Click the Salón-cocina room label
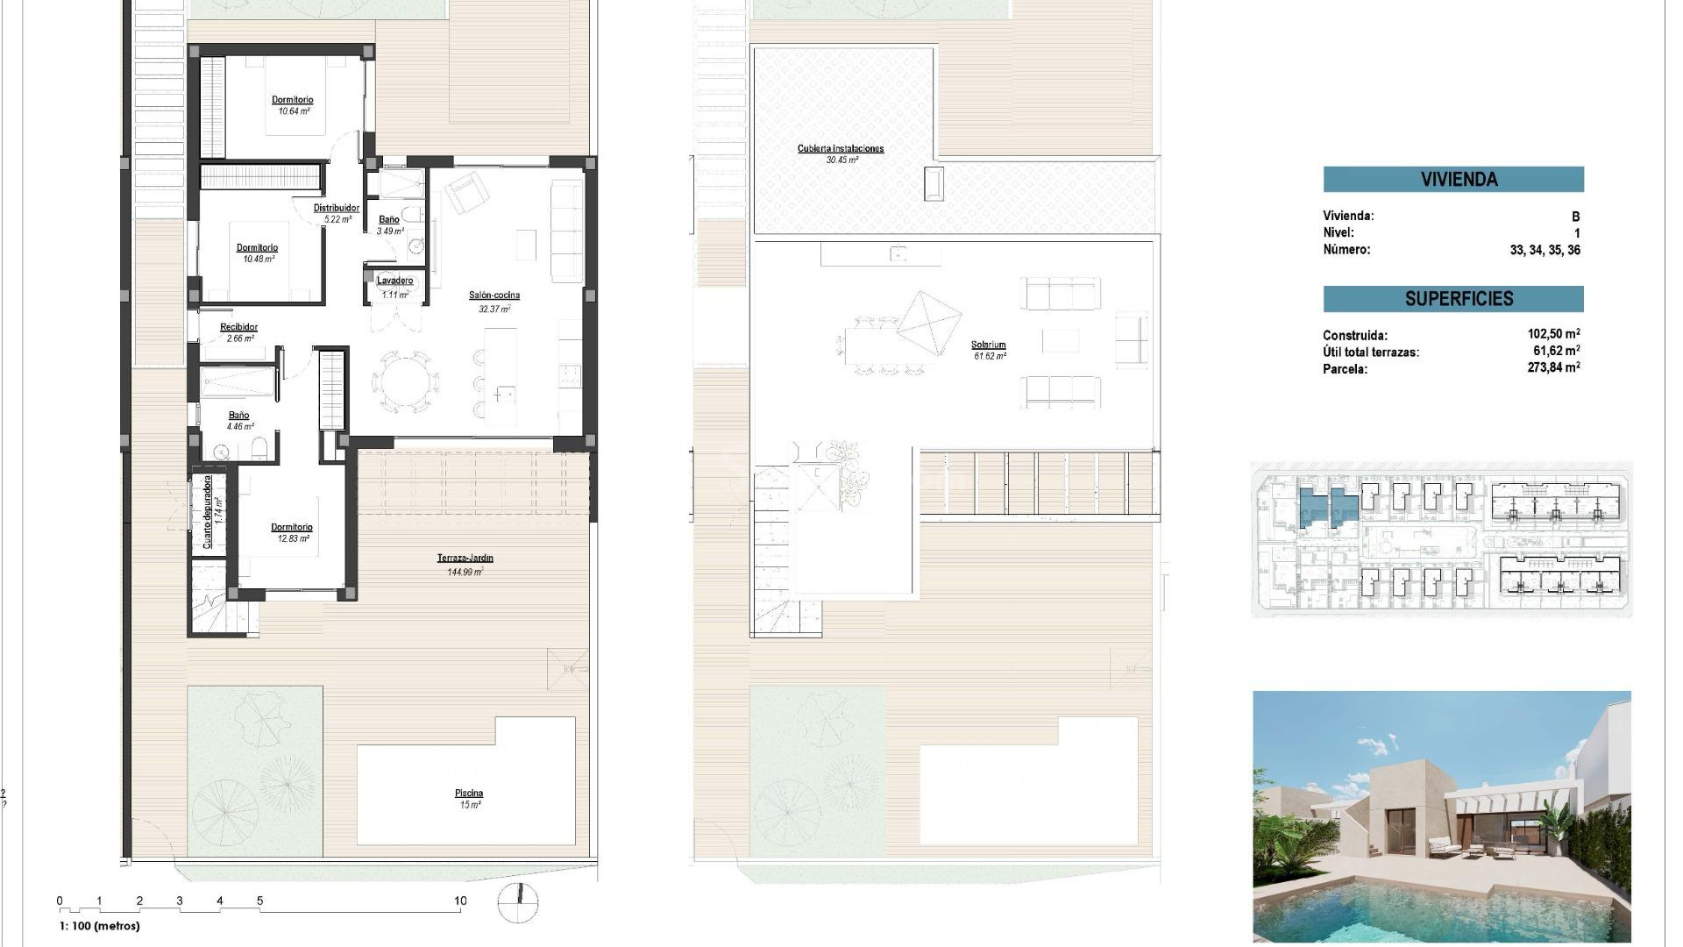[x=494, y=295]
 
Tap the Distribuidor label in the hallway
[x=337, y=209]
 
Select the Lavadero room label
[x=395, y=281]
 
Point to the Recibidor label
[x=239, y=327]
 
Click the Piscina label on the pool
[x=470, y=794]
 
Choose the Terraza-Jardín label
[x=465, y=558]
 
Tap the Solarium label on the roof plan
[x=989, y=345]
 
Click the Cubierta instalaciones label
[x=841, y=149]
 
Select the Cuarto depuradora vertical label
[x=208, y=512]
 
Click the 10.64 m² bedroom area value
[x=294, y=111]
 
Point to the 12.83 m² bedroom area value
[x=293, y=538]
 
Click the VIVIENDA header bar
[x=1453, y=180]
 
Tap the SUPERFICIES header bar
[x=1453, y=299]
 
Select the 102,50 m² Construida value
[x=1553, y=334]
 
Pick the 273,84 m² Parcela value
[x=1553, y=368]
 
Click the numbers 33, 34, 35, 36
[x=1545, y=250]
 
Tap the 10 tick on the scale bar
[x=460, y=901]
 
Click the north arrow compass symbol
[x=518, y=904]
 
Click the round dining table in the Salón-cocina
[x=405, y=381]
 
